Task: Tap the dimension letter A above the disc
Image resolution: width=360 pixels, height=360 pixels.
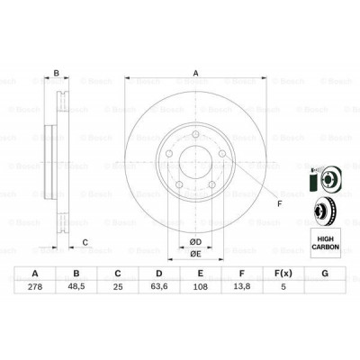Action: pos(193,75)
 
